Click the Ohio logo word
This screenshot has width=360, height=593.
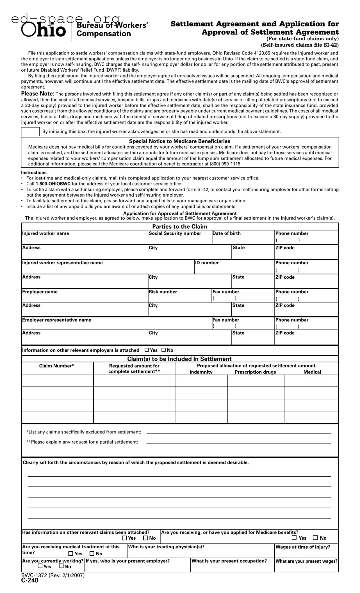point(44,31)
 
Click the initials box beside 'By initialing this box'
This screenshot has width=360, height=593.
point(30,131)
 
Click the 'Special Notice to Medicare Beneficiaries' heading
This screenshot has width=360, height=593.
point(179,141)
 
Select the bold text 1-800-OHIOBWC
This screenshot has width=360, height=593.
point(53,184)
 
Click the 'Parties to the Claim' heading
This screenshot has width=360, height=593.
point(180,226)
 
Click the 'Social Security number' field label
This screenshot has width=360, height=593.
point(175,233)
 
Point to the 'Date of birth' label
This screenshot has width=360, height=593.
point(226,233)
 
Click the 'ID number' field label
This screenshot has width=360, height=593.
point(207,263)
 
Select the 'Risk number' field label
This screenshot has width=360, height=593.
point(163,292)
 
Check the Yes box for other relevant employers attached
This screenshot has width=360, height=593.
point(147,350)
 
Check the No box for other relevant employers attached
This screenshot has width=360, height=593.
point(164,350)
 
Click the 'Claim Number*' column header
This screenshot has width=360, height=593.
point(57,366)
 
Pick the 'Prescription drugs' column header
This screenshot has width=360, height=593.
point(255,372)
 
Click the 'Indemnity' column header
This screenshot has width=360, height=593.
point(201,372)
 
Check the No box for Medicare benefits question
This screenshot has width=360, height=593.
point(315,538)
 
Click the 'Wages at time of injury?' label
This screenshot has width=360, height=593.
point(303,547)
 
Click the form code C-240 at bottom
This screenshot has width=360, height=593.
point(30,581)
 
